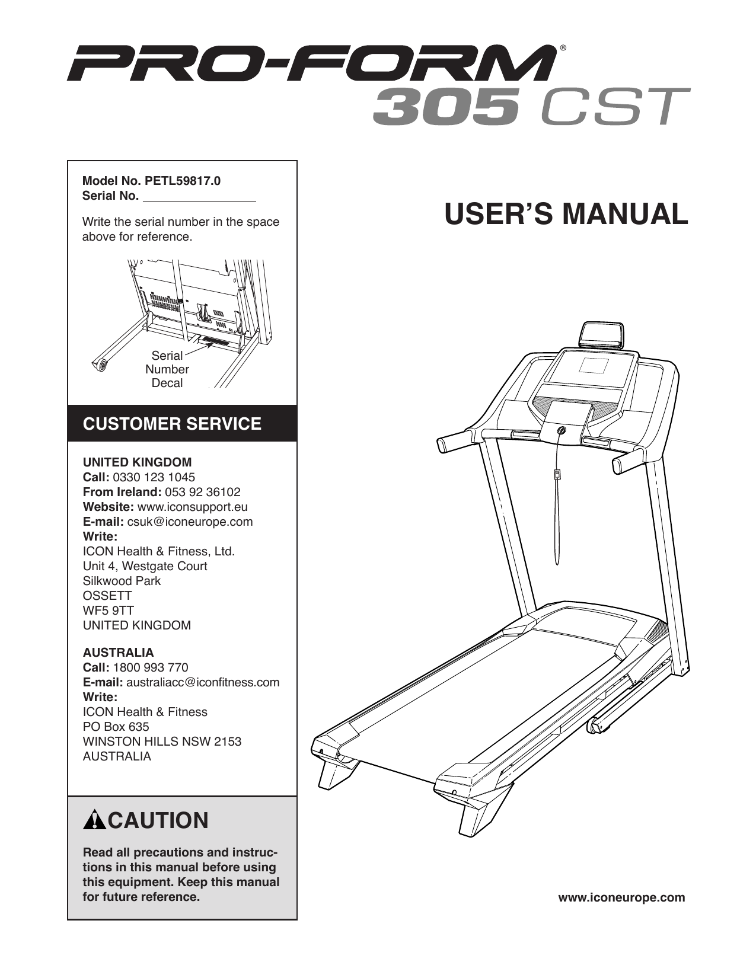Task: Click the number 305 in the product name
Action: tap(446, 106)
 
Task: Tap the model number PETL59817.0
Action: tap(183, 181)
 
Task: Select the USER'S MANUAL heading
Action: tap(566, 214)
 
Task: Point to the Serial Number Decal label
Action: tap(167, 369)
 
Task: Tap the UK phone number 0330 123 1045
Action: tap(154, 477)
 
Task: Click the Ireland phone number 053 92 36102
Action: tap(203, 492)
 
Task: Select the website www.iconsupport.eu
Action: tap(192, 507)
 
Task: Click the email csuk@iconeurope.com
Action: tap(190, 522)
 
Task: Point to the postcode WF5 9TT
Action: tap(108, 611)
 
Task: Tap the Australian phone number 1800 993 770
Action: tap(151, 667)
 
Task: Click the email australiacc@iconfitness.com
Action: tap(203, 682)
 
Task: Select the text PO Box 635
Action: tap(116, 727)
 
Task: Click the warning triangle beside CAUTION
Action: tap(94, 820)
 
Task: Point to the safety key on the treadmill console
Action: tap(560, 431)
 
